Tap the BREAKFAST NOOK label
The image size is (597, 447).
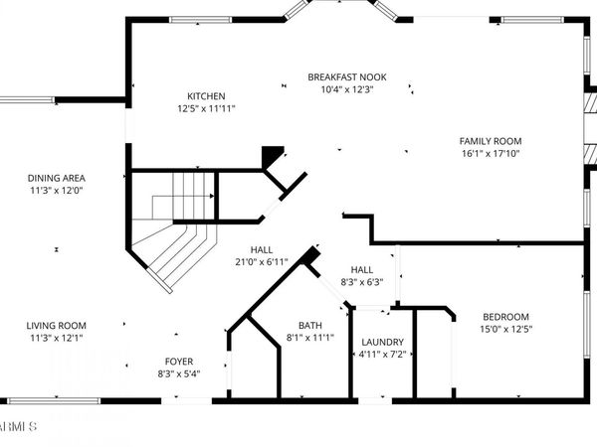(x=346, y=77)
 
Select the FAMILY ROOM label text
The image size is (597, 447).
(x=490, y=141)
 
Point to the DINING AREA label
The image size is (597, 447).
(x=56, y=178)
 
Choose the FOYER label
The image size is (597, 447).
(x=179, y=361)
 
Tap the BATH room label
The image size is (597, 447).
(x=310, y=325)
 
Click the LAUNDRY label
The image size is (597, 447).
(x=382, y=342)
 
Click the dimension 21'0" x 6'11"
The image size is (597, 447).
(x=262, y=262)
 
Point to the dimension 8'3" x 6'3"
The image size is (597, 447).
(x=361, y=282)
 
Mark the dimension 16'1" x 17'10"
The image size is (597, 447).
(x=490, y=153)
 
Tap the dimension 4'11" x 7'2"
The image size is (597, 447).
(x=382, y=354)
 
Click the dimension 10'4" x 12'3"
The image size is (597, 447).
(x=346, y=89)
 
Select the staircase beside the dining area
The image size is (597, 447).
(x=174, y=228)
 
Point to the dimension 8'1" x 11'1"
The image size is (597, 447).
(x=310, y=337)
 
